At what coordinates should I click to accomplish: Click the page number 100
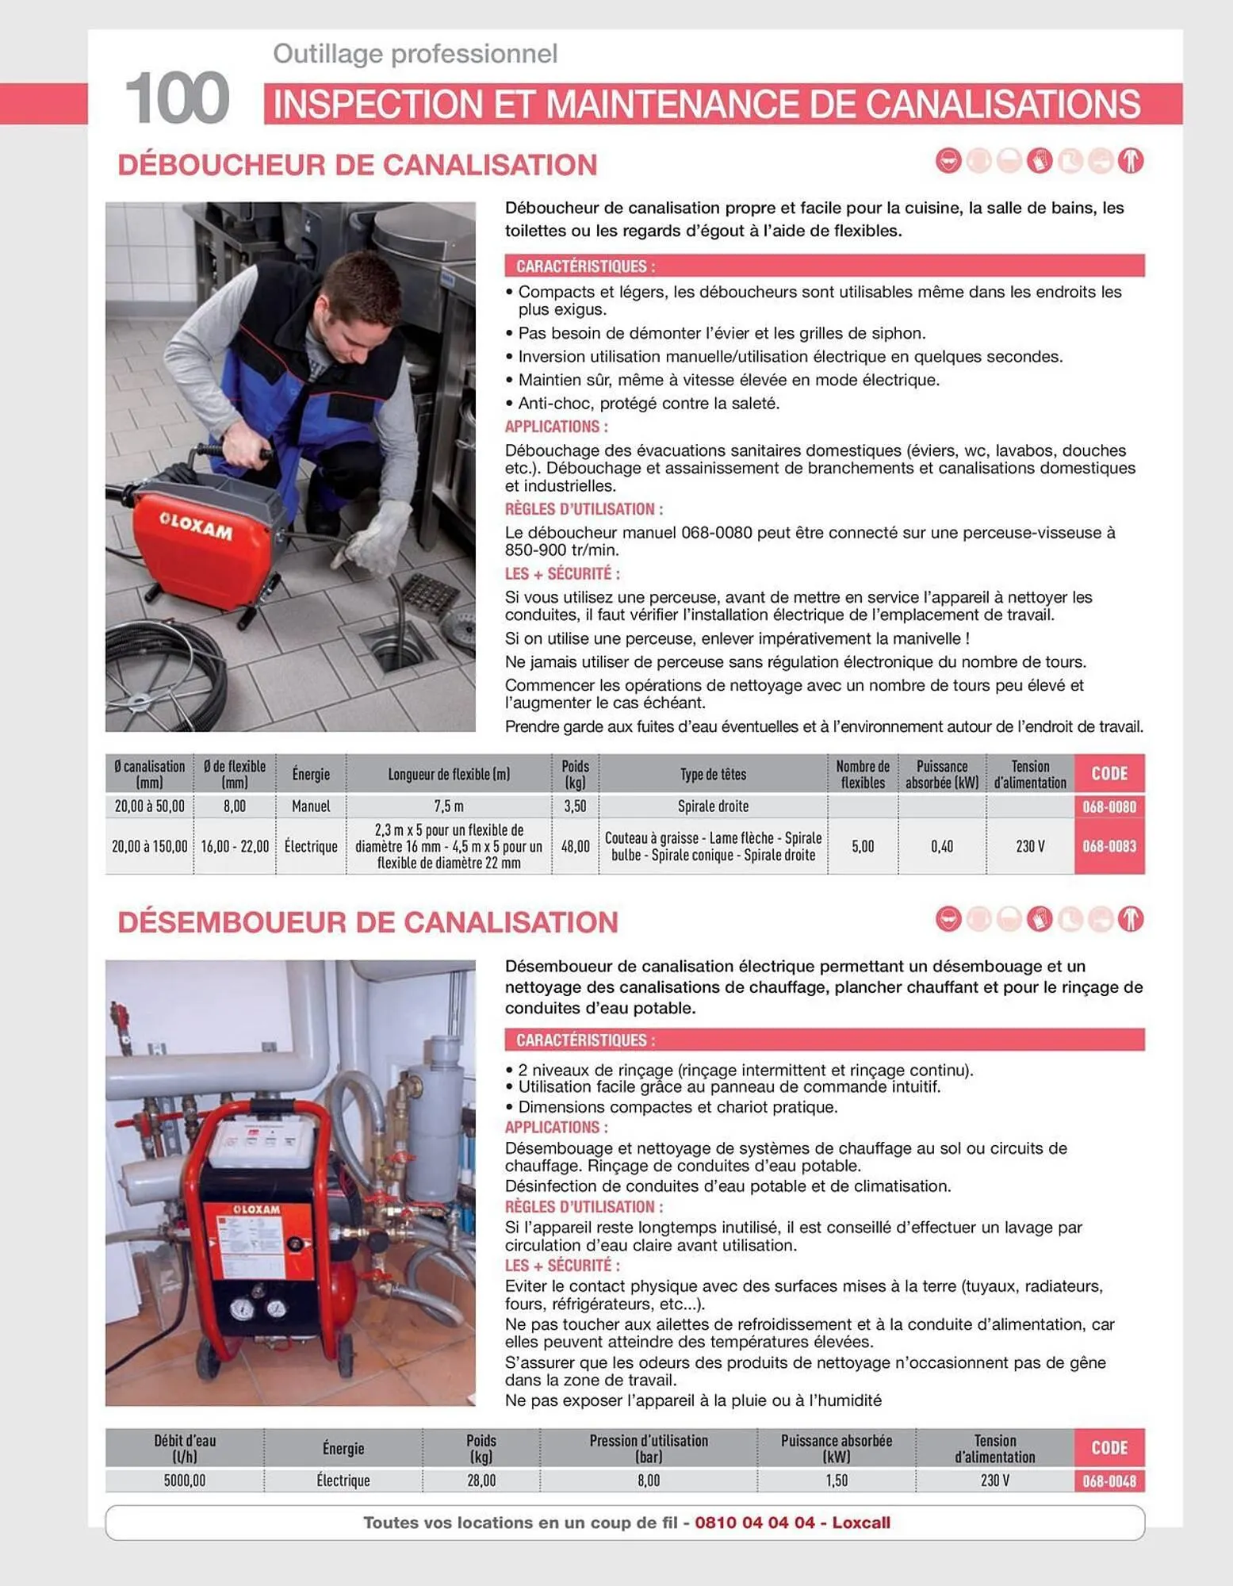coord(177,98)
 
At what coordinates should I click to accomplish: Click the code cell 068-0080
coord(1109,806)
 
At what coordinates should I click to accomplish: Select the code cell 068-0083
coord(1109,846)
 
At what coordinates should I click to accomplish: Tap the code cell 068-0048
coord(1109,1481)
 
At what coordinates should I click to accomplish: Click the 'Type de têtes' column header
coord(712,774)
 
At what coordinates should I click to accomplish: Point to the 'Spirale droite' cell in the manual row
coord(712,806)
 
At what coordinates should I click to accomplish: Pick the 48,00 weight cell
coord(575,846)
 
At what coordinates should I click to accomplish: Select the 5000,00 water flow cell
coord(184,1481)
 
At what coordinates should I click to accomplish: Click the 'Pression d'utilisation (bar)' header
coord(648,1448)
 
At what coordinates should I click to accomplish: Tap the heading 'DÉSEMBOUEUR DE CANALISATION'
coord(367,922)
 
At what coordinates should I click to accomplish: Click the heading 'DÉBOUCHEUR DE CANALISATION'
coord(357,165)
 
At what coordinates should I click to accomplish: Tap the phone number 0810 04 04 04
coord(754,1523)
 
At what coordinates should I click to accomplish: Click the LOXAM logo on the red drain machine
coord(196,526)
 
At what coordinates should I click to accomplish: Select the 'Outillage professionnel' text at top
coord(415,54)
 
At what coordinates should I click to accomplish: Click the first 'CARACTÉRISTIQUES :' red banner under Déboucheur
coord(824,266)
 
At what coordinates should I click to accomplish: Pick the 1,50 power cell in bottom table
coord(836,1481)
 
